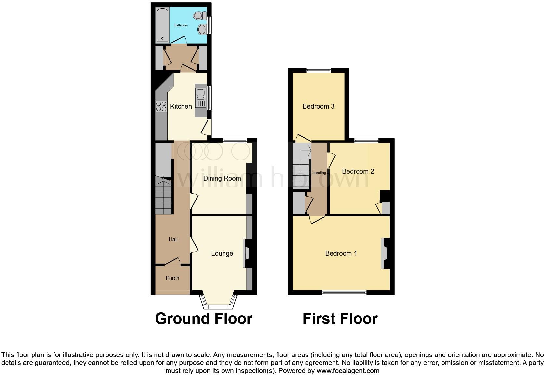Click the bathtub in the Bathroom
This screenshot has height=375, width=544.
pyautogui.click(x=162, y=25)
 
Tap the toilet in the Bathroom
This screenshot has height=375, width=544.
pyautogui.click(x=198, y=15)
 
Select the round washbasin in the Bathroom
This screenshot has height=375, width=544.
pyautogui.click(x=202, y=30)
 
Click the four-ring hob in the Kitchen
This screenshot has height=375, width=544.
pyautogui.click(x=161, y=106)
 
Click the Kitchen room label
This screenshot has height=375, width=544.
pyautogui.click(x=181, y=106)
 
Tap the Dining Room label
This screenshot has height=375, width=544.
pyautogui.click(x=222, y=178)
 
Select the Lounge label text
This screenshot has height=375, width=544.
pyautogui.click(x=222, y=253)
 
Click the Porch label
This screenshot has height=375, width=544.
pyautogui.click(x=172, y=278)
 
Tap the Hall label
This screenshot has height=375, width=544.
pyautogui.click(x=173, y=239)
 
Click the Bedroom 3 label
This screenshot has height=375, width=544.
pyautogui.click(x=318, y=106)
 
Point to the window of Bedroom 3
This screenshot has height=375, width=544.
pyautogui.click(x=319, y=70)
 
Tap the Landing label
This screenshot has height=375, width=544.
pyautogui.click(x=319, y=173)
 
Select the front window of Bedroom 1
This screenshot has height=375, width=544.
pyautogui.click(x=344, y=292)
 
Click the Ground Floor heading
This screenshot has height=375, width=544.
pyautogui.click(x=204, y=318)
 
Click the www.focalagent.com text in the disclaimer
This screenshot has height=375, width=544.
pyautogui.click(x=348, y=370)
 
